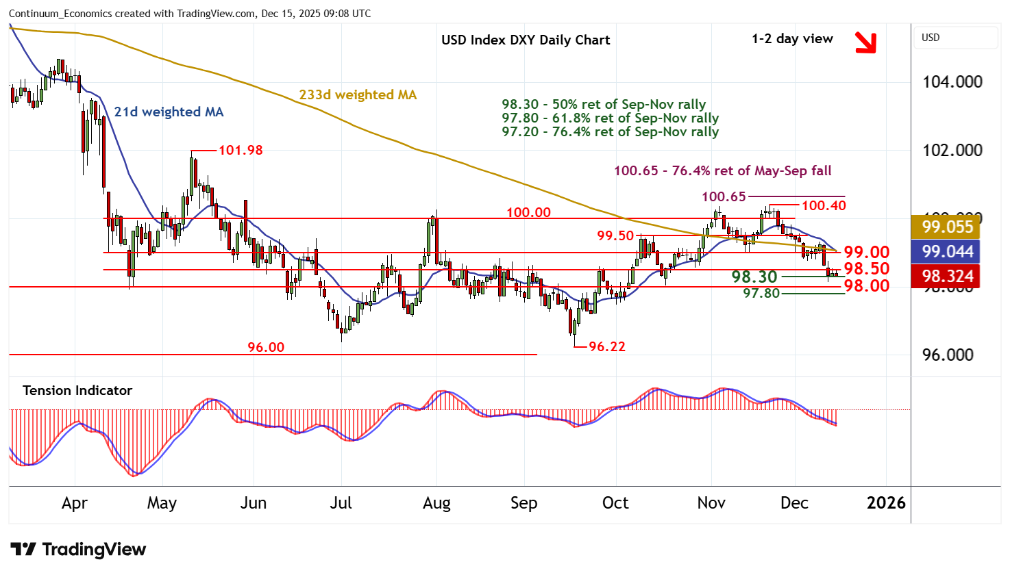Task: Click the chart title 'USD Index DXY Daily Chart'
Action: (x=526, y=40)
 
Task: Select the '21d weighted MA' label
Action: (x=169, y=112)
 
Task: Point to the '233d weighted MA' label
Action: (x=358, y=95)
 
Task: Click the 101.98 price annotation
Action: (x=241, y=150)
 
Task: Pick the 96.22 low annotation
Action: (x=606, y=346)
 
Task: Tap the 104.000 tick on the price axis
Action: (x=952, y=82)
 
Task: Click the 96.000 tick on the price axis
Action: (x=948, y=355)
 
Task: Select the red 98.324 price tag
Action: (x=948, y=277)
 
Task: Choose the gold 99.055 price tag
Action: (x=948, y=227)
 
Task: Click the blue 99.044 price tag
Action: (x=948, y=252)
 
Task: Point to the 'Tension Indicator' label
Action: (x=77, y=390)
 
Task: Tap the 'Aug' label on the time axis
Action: (x=436, y=503)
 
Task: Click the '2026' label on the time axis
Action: (x=886, y=503)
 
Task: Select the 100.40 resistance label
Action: (x=824, y=205)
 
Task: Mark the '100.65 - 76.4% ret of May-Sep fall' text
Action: (x=722, y=170)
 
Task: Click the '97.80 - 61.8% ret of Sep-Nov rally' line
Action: (x=610, y=118)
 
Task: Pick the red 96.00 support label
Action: (x=266, y=347)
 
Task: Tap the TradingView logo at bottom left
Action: (x=78, y=550)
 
